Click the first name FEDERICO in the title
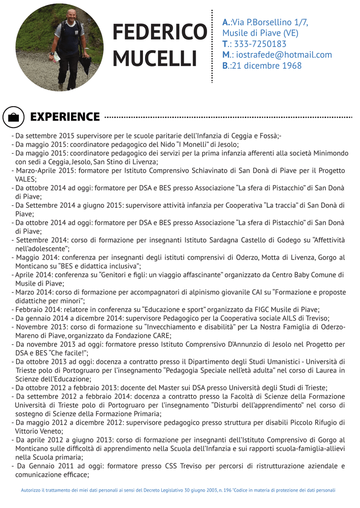[x=159, y=33]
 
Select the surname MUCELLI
[x=155, y=58]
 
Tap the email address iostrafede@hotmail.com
[x=284, y=55]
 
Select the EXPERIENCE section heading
[x=65, y=117]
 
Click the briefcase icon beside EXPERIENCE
[x=14, y=118]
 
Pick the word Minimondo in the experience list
[x=326, y=153]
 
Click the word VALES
[x=25, y=179]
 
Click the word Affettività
[x=328, y=240]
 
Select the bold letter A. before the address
[x=226, y=22]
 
